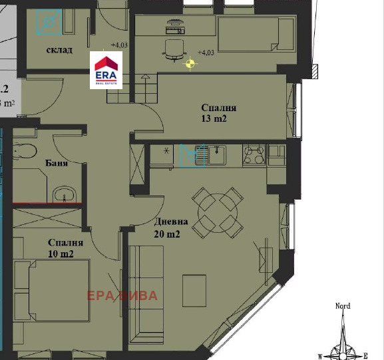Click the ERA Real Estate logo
pyautogui.click(x=107, y=71)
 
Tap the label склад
pyautogui.click(x=59, y=50)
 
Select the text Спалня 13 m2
pyautogui.click(x=219, y=113)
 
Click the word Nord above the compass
pyautogui.click(x=342, y=306)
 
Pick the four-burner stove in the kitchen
pyautogui.click(x=254, y=156)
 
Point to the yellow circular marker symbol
pyautogui.click(x=191, y=64)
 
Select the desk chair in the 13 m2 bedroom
pyautogui.click(x=174, y=49)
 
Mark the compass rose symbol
pyautogui.click(x=343, y=339)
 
